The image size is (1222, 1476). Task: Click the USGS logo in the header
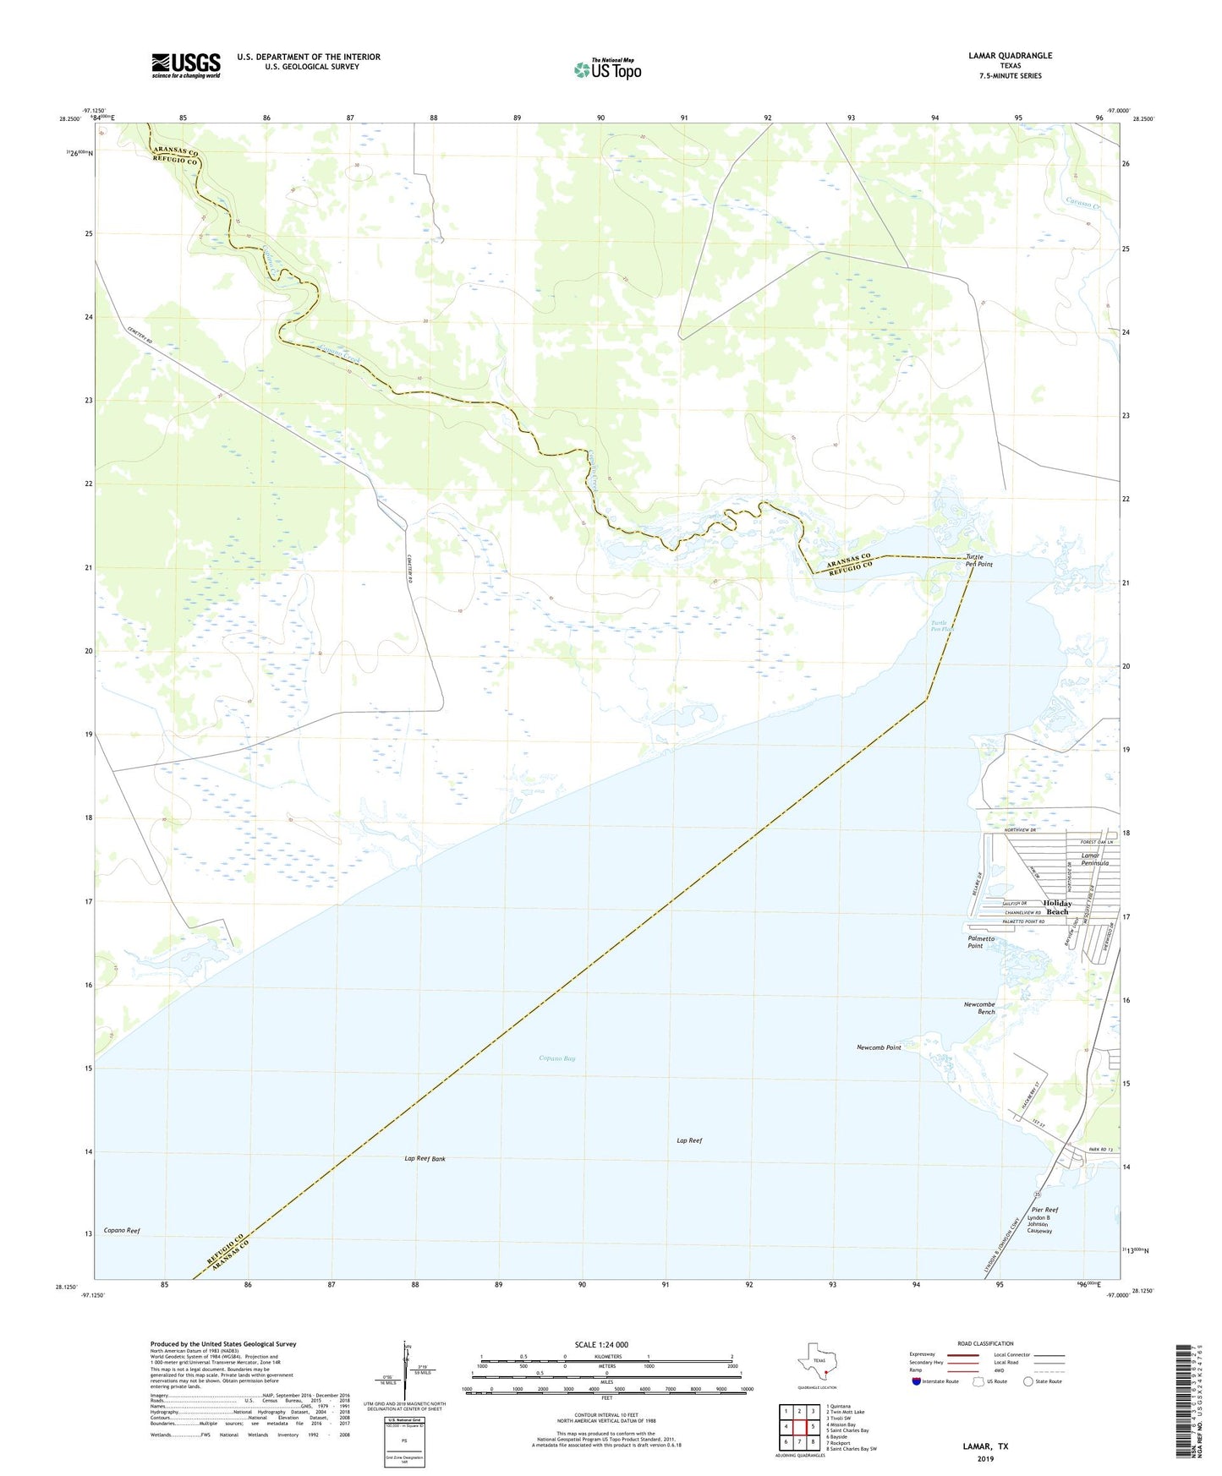pos(186,65)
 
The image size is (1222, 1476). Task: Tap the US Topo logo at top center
pos(607,69)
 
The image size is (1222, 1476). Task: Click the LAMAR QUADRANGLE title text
pos(1010,56)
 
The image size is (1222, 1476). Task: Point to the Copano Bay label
pos(557,1058)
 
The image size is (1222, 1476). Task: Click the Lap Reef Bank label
pos(425,1158)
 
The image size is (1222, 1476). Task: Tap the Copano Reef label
pos(122,1231)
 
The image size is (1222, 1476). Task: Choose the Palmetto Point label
pos(981,942)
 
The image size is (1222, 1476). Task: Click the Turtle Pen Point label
pos(979,560)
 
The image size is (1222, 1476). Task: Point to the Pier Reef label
pos(1044,1210)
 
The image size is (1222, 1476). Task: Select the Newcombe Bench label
pos(979,1008)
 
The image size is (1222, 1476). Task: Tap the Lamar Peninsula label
pos(1095,860)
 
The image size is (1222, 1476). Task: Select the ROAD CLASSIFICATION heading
pos(985,1343)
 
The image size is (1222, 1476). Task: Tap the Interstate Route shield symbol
pos(917,1381)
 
